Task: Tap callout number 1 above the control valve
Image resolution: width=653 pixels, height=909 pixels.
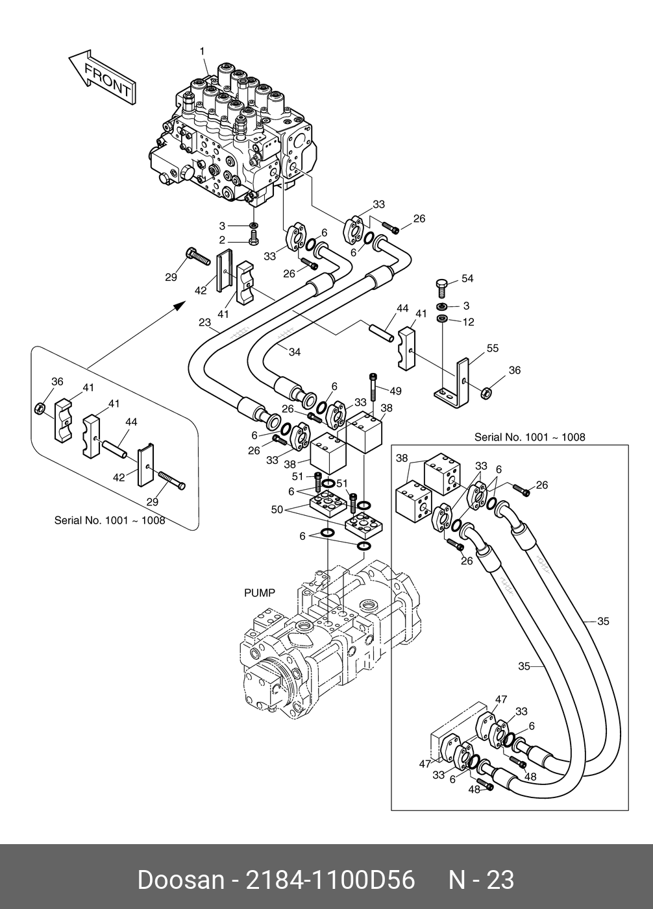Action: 202,51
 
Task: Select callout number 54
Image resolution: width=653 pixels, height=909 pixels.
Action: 467,279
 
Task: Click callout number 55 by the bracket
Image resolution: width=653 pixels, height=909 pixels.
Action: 492,348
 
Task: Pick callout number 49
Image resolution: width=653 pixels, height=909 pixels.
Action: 395,391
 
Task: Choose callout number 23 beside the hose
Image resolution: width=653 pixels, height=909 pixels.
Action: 205,322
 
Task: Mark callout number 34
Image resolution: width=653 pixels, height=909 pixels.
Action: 294,352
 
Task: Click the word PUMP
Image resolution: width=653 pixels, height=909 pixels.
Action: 260,592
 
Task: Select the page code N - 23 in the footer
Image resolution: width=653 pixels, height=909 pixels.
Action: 482,880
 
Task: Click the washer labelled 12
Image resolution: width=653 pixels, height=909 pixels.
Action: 441,319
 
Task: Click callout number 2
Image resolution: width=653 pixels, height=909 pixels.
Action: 221,240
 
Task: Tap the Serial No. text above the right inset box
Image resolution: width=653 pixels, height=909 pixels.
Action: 530,437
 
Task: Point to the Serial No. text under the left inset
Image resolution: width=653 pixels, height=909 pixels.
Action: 110,520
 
